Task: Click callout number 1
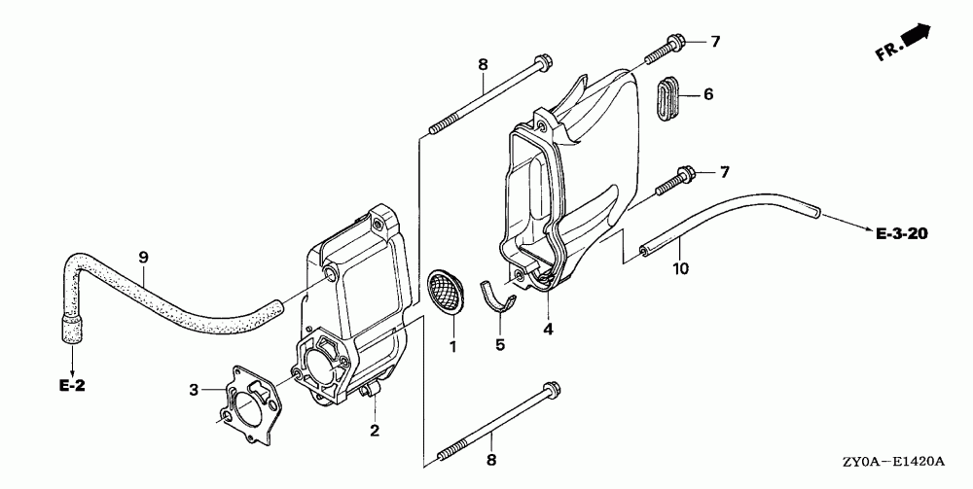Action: tap(451, 346)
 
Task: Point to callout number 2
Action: tap(374, 429)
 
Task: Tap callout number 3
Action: tap(194, 390)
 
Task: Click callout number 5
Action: tap(500, 343)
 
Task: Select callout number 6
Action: tap(708, 94)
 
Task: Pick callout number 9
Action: tap(143, 257)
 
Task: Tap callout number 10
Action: tap(680, 266)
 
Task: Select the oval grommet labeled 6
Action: tap(667, 97)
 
